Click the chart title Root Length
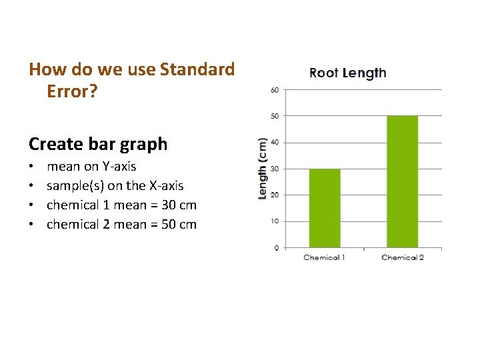click(347, 73)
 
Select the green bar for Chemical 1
click(324, 208)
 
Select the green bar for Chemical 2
click(402, 181)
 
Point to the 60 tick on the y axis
click(274, 89)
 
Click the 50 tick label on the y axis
click(274, 116)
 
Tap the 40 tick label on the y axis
click(274, 142)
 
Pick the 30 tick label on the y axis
click(274, 169)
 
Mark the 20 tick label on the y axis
click(274, 195)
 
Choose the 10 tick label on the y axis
click(274, 221)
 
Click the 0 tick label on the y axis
click(275, 247)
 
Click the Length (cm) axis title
click(263, 169)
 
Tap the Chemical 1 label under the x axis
click(324, 257)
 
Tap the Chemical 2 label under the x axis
click(402, 257)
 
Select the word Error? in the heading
click(72, 91)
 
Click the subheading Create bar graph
click(98, 144)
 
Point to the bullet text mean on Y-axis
click(91, 167)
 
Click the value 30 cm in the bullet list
click(179, 205)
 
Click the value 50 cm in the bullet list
click(179, 225)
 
